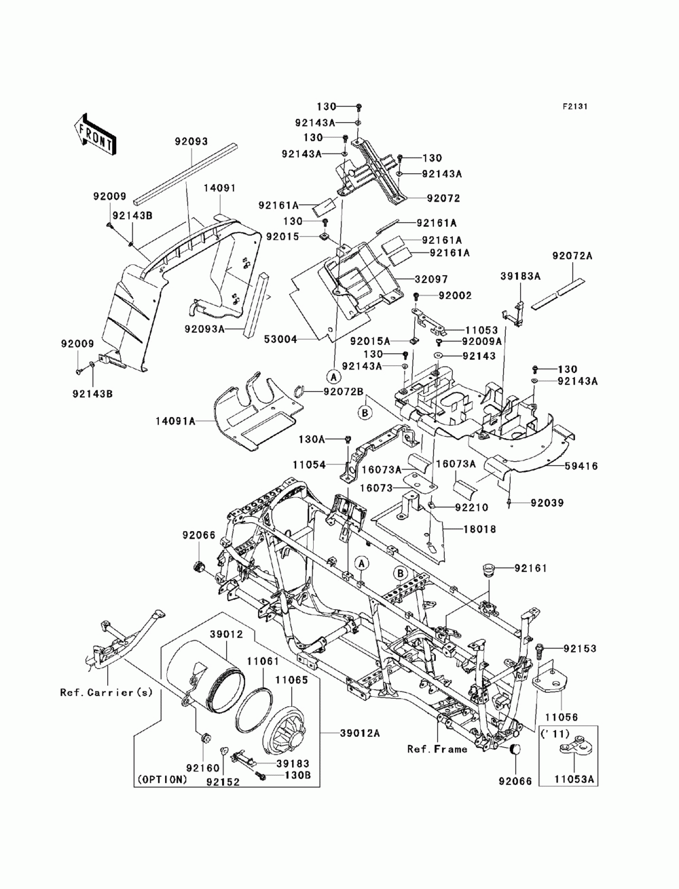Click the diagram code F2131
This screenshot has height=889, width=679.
point(574,107)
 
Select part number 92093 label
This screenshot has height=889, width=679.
point(191,141)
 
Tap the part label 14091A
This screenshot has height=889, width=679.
point(175,422)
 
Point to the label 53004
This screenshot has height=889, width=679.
point(280,340)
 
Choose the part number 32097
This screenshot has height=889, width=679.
point(431,279)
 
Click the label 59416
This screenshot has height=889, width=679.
point(581,466)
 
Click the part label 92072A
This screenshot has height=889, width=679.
point(572,256)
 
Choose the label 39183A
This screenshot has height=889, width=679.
point(520,276)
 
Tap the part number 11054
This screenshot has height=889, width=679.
point(310,465)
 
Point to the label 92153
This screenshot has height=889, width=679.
point(580,649)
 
